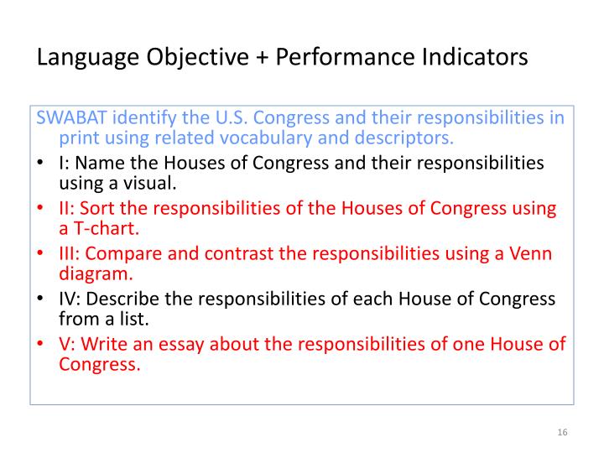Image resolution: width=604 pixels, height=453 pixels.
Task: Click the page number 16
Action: point(562,432)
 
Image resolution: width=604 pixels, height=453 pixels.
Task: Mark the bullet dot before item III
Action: point(41,253)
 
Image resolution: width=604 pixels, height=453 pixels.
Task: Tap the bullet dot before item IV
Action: point(41,299)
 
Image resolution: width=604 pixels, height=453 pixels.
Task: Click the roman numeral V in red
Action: point(65,343)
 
